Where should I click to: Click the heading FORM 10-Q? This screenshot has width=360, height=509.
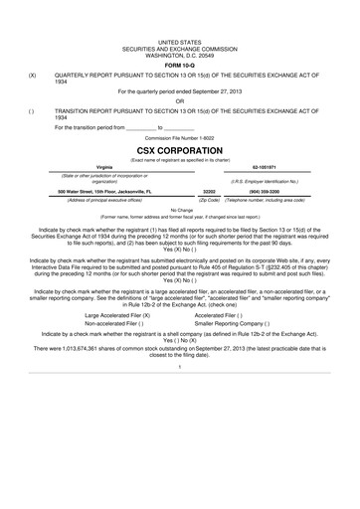pos(179,65)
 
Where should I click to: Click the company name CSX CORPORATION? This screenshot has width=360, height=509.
pos(180,150)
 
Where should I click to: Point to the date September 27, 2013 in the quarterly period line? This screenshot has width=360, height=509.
pos(217,91)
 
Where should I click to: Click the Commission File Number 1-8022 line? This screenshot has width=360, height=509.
pos(179,136)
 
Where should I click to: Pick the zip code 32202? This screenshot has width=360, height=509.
pos(209,190)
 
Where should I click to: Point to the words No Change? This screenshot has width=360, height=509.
pos(180,210)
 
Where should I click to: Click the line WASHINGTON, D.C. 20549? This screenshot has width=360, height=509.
pos(180,56)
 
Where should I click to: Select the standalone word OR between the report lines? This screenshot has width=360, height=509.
pos(180,101)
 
